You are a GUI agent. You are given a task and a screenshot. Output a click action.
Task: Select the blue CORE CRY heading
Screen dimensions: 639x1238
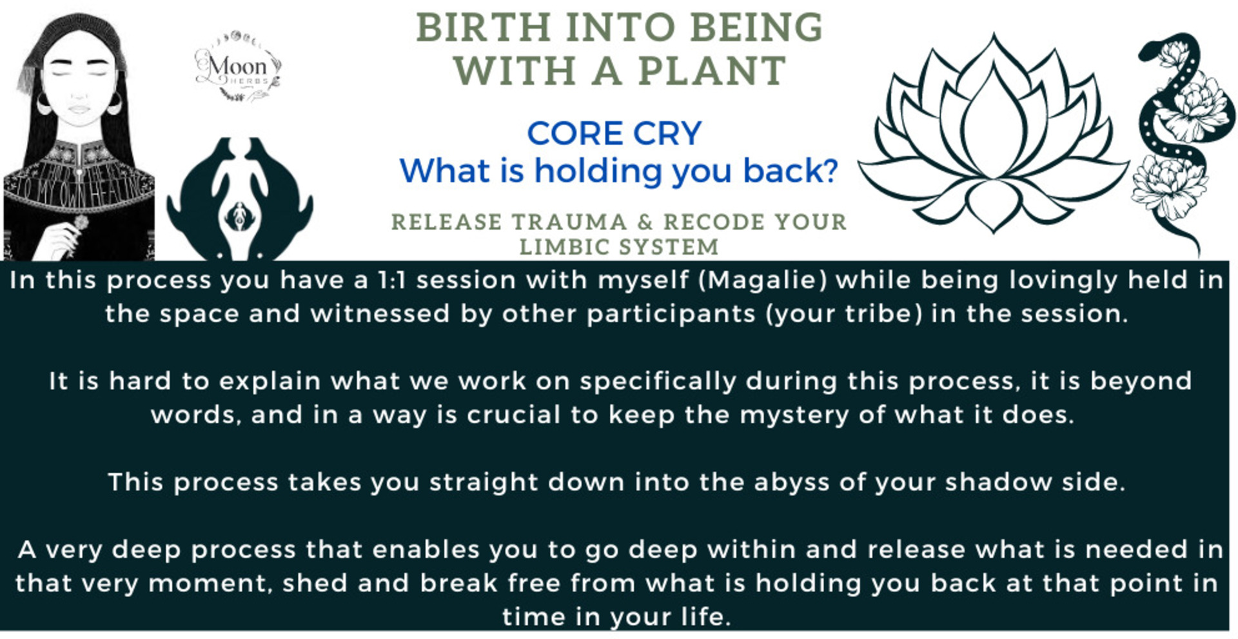(614, 134)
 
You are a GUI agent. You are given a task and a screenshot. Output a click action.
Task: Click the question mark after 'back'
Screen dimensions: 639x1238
(830, 172)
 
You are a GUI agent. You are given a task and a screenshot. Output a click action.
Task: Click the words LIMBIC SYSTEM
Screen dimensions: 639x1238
(618, 247)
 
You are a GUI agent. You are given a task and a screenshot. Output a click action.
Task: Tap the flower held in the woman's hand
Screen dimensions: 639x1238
(80, 223)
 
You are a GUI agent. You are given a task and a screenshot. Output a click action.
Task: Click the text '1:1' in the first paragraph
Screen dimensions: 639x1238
(393, 280)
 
